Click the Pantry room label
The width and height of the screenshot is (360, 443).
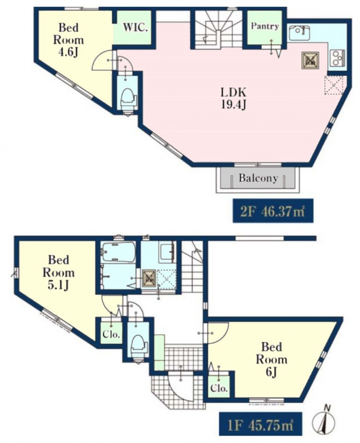265,26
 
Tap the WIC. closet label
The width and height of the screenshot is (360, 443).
135,28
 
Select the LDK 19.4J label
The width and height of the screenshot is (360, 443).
233,98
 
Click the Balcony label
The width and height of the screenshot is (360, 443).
258,178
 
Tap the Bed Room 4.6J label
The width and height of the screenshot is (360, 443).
68,40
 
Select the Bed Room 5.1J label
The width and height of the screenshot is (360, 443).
59,272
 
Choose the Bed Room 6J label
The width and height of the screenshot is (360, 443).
271,359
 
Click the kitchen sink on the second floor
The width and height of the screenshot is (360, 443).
299,33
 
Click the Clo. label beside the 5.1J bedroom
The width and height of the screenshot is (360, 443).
111,335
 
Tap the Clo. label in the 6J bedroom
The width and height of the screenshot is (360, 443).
219,388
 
